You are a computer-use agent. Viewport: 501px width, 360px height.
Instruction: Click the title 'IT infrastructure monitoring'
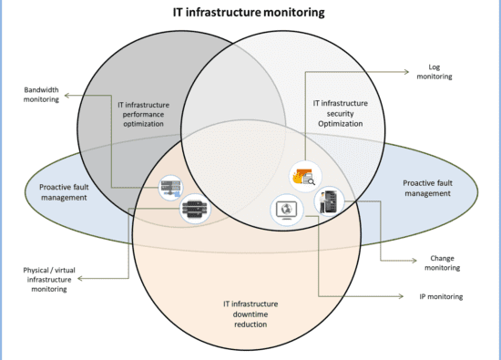click(249, 13)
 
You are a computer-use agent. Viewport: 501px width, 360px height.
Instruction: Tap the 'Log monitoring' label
click(435, 72)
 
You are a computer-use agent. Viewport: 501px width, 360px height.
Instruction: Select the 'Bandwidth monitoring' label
click(41, 94)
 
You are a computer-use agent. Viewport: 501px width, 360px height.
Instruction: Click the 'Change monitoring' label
click(442, 262)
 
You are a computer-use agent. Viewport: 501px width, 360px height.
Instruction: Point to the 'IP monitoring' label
click(441, 297)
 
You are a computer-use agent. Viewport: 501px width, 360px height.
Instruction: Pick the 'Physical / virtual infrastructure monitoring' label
click(49, 280)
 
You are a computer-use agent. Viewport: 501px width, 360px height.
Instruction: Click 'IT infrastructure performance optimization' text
click(143, 114)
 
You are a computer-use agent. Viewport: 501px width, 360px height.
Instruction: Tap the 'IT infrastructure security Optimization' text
click(341, 113)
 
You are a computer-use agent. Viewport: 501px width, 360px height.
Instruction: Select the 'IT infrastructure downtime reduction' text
click(250, 314)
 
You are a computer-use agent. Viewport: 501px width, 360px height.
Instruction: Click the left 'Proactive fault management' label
click(64, 192)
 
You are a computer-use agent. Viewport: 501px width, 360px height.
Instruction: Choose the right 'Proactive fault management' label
click(427, 188)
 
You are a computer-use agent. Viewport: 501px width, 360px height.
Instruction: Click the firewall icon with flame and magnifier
click(305, 177)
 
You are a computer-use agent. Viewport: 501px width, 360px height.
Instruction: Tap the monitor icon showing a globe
click(287, 210)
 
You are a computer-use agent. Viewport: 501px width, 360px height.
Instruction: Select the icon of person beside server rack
click(329, 201)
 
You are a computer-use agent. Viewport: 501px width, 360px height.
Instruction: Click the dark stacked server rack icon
click(195, 209)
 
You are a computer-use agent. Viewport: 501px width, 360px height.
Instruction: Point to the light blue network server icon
click(171, 188)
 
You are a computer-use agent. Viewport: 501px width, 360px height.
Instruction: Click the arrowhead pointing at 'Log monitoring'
click(406, 72)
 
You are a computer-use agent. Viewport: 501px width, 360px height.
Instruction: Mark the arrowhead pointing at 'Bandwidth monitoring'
click(67, 95)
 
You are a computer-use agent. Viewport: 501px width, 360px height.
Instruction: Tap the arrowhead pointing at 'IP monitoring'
click(401, 296)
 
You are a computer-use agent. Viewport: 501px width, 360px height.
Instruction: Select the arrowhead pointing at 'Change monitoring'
click(414, 261)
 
